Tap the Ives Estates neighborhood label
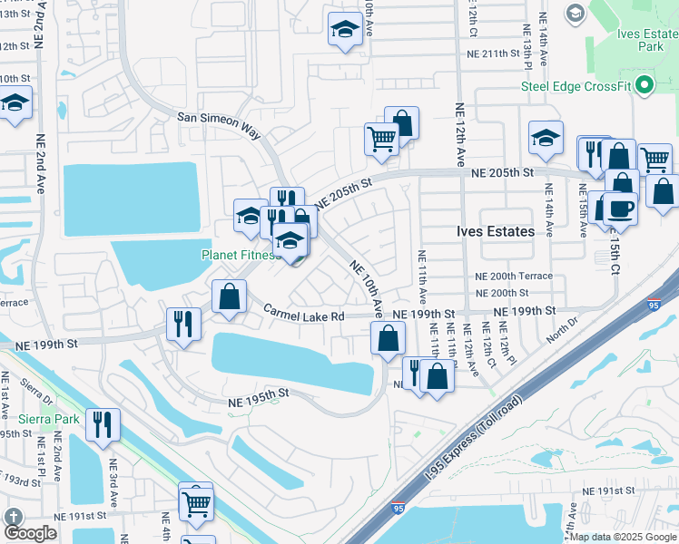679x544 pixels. click(x=495, y=231)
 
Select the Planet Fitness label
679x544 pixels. click(x=238, y=256)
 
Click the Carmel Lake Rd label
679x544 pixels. click(x=304, y=316)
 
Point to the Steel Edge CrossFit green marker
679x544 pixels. click(x=645, y=87)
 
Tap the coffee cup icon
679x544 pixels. click(x=620, y=208)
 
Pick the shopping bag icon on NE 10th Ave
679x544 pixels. click(x=388, y=338)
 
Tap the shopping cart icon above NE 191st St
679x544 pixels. click(x=196, y=502)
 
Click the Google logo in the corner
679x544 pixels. click(x=30, y=531)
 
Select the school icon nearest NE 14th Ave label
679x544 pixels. click(x=546, y=138)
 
